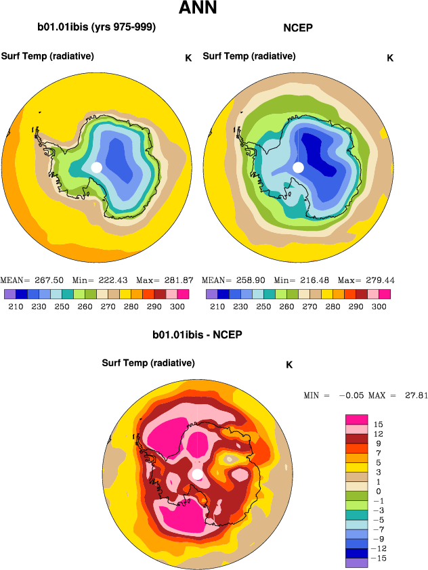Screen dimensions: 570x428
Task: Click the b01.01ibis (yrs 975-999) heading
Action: click(97, 28)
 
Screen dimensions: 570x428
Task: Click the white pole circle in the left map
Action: click(96, 167)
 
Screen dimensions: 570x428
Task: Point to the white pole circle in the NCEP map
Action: click(298, 167)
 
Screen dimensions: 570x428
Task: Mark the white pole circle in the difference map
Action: click(198, 475)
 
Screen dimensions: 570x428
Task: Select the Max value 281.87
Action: click(179, 280)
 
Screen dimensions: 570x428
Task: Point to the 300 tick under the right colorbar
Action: click(379, 306)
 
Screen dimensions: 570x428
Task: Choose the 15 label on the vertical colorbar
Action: click(378, 425)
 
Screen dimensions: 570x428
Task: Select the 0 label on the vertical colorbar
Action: click(377, 491)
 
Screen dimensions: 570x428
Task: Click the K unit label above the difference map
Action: click(289, 365)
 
